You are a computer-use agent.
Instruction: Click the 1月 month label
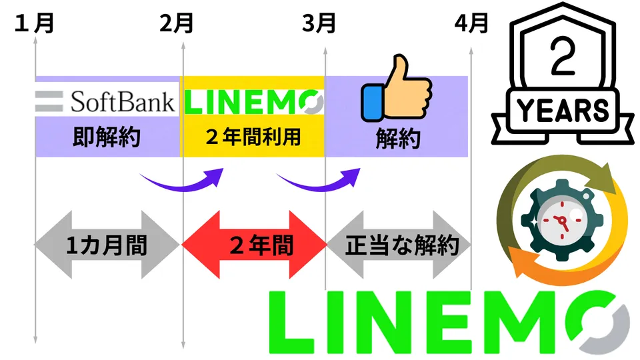(34, 24)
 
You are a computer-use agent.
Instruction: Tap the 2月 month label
(177, 24)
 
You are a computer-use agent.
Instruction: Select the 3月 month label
(319, 24)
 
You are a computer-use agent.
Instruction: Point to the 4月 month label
(471, 24)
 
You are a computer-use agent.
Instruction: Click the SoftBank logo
(107, 101)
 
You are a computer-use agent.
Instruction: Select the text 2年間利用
(253, 138)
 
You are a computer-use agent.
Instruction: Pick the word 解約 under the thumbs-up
(397, 139)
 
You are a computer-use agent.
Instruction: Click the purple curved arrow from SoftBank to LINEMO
(183, 179)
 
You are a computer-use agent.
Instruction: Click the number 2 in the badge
(562, 63)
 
